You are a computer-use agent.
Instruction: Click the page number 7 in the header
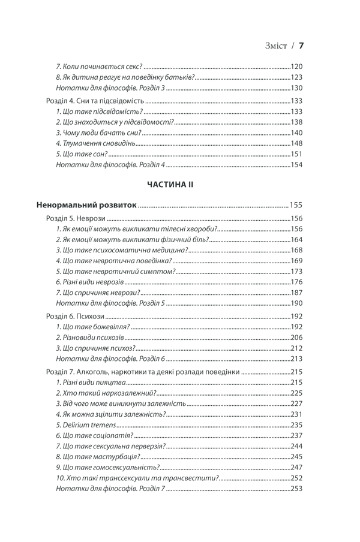(x=302, y=45)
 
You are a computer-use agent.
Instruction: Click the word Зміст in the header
(x=276, y=46)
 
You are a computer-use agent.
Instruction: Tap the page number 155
(x=296, y=204)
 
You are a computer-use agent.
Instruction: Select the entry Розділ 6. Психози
(x=76, y=317)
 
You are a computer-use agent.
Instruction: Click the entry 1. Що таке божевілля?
(x=93, y=327)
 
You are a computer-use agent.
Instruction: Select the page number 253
(x=296, y=489)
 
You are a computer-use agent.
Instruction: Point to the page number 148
(x=296, y=144)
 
